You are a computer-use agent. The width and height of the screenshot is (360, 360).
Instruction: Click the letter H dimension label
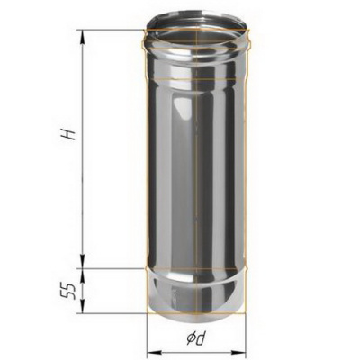67,135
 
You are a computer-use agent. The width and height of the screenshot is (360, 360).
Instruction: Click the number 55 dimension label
68,291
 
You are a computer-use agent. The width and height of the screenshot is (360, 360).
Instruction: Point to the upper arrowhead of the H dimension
82,37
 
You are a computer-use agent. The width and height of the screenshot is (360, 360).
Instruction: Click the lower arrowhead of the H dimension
82,261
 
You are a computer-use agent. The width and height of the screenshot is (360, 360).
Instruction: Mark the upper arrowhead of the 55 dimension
82,275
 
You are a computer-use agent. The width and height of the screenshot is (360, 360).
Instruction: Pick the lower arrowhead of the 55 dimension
82,306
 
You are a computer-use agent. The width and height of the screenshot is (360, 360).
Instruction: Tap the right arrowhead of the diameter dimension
238,351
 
